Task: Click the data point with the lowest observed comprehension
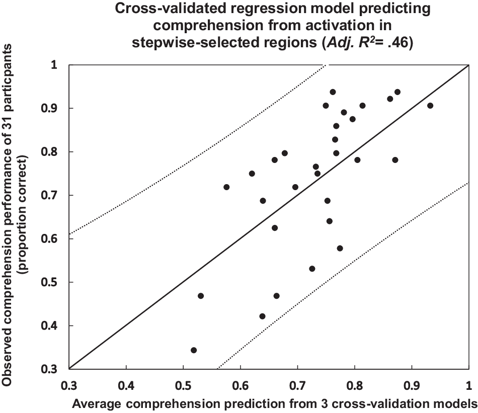pos(194,350)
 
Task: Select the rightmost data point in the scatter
pos(430,106)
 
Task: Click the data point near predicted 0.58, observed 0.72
pos(226,187)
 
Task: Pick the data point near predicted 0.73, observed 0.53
pos(312,269)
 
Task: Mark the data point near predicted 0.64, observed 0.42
pos(262,316)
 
